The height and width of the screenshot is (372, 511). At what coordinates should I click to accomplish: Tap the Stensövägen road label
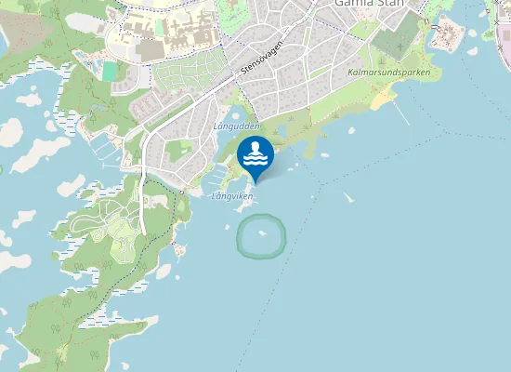(x=261, y=61)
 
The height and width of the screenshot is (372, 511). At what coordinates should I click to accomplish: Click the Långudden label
(x=237, y=125)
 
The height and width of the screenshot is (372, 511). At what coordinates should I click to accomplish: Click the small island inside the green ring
(x=261, y=233)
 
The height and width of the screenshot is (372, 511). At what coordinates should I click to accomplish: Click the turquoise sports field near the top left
(x=111, y=71)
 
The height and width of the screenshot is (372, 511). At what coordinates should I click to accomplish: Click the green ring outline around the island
(x=240, y=237)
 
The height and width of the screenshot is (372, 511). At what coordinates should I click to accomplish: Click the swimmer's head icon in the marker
(x=255, y=146)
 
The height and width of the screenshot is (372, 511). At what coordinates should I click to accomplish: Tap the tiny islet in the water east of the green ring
(x=349, y=198)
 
